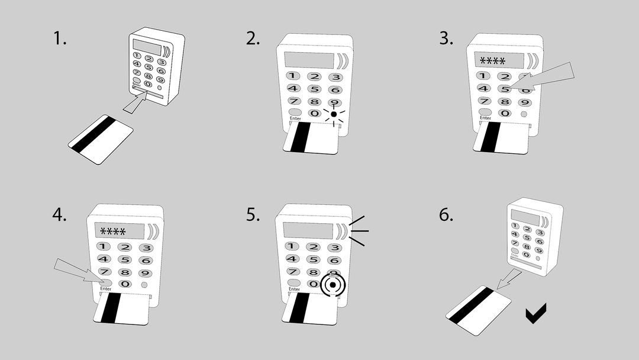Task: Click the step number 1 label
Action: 60,39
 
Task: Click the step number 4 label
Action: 59,214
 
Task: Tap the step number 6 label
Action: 446,214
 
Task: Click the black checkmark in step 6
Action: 536,313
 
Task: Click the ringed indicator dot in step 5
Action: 333,285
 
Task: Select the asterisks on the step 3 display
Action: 492,61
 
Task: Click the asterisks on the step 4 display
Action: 116,232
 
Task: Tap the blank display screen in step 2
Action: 308,60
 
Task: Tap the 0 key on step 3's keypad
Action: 505,113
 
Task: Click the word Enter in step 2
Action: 295,119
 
